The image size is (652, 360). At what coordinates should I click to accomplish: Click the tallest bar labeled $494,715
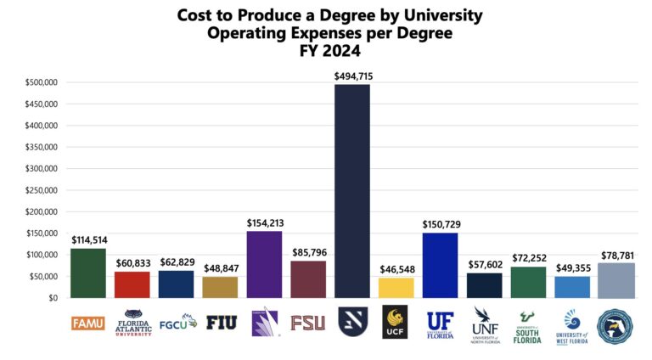pyautogui.click(x=352, y=191)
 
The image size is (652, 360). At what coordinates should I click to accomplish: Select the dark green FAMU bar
pyautogui.click(x=88, y=273)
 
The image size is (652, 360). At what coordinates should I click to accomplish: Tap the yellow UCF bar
pyautogui.click(x=396, y=288)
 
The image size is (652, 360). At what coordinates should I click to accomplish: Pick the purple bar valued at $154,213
pyautogui.click(x=264, y=264)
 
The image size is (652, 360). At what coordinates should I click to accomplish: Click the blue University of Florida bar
pyautogui.click(x=440, y=265)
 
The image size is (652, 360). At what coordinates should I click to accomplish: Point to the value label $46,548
pyautogui.click(x=396, y=270)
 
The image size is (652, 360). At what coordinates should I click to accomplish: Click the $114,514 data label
pyautogui.click(x=88, y=240)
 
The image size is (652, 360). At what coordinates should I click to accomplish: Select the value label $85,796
pyautogui.click(x=308, y=253)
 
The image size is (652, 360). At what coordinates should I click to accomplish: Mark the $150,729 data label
pyautogui.click(x=440, y=224)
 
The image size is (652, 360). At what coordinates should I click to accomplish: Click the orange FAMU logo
pyautogui.click(x=88, y=323)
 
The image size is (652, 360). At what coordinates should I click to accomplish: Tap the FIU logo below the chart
pyautogui.click(x=220, y=323)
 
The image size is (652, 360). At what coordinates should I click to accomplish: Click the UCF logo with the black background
pyautogui.click(x=396, y=323)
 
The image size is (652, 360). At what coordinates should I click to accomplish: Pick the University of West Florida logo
pyautogui.click(x=571, y=325)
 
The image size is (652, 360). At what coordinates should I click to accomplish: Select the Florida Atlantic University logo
pyautogui.click(x=132, y=323)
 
